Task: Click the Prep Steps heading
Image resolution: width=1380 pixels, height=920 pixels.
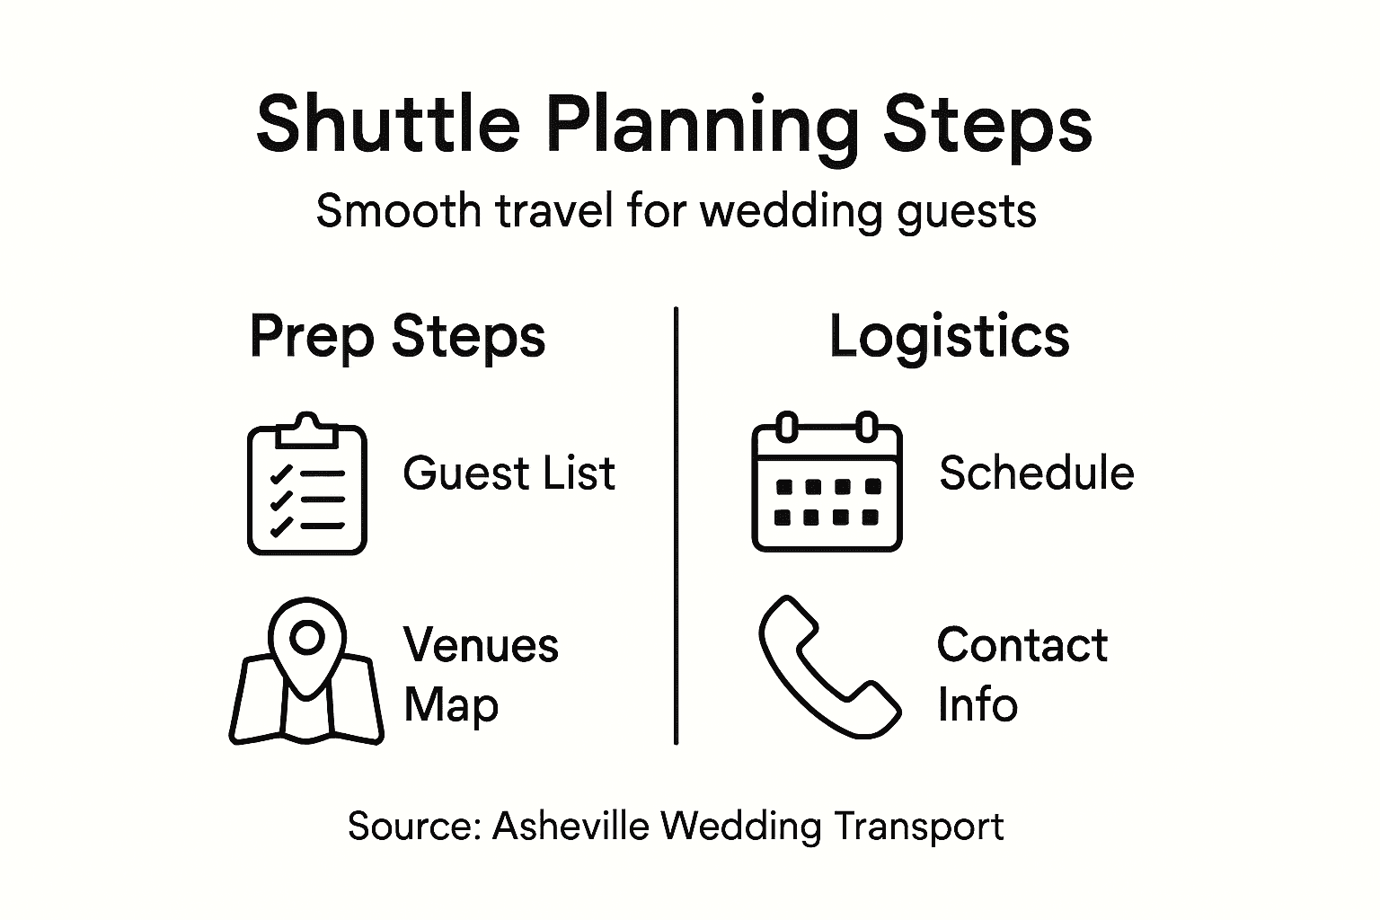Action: pyautogui.click(x=397, y=338)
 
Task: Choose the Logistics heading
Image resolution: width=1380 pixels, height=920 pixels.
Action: pyautogui.click(x=949, y=338)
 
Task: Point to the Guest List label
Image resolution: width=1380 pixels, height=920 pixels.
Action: pyautogui.click(x=509, y=473)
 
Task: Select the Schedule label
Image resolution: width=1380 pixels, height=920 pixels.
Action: pyautogui.click(x=1036, y=473)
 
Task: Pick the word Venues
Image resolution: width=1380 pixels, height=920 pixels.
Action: pyautogui.click(x=481, y=645)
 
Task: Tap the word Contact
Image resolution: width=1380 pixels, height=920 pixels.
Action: pyautogui.click(x=1022, y=645)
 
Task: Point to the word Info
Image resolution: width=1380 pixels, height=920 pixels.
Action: pyautogui.click(x=977, y=704)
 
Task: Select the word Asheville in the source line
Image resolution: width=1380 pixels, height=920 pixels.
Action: pyautogui.click(x=571, y=827)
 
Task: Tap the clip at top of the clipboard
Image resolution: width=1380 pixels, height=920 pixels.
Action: pyautogui.click(x=307, y=429)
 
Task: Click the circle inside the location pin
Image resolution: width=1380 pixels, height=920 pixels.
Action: pyautogui.click(x=307, y=637)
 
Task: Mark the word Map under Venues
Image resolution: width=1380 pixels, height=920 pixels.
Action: pyautogui.click(x=450, y=704)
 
